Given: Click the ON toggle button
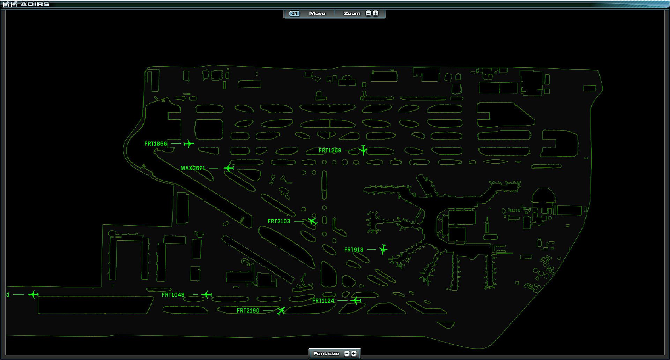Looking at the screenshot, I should tap(294, 14).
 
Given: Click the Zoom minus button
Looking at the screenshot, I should tap(368, 13).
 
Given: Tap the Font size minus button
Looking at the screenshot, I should tap(347, 353).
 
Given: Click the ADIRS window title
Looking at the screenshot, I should tap(35, 4).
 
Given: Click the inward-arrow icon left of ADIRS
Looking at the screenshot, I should tap(6, 4).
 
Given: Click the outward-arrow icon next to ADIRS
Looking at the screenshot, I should tap(14, 4).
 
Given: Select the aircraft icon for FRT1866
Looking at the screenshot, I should tap(188, 143).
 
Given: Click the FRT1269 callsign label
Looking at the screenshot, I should tap(330, 150).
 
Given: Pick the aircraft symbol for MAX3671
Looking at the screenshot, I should tap(229, 168).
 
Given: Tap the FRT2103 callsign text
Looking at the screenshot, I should tap(279, 221).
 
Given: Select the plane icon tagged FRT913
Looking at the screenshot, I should tap(383, 249).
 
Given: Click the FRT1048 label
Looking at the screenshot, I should tap(173, 295).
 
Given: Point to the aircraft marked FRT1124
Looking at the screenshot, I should tap(356, 300).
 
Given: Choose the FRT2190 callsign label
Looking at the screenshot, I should tap(248, 310).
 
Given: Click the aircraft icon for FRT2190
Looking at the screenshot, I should tap(281, 310).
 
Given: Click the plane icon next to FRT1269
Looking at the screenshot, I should tap(363, 150).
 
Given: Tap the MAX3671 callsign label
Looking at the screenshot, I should tap(193, 168).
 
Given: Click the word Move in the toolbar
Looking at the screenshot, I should tap(317, 14).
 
